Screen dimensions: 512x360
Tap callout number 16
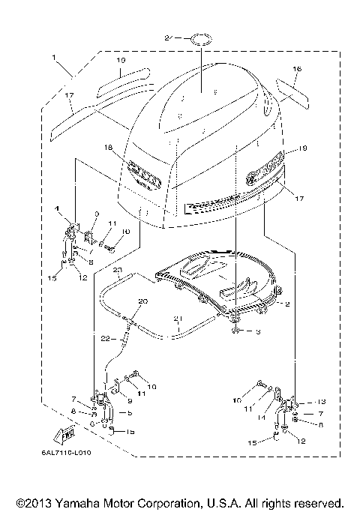click(297, 69)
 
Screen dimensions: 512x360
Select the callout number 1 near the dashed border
click(54, 58)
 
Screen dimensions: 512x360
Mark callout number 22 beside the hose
click(107, 339)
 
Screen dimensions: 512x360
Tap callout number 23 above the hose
click(117, 268)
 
